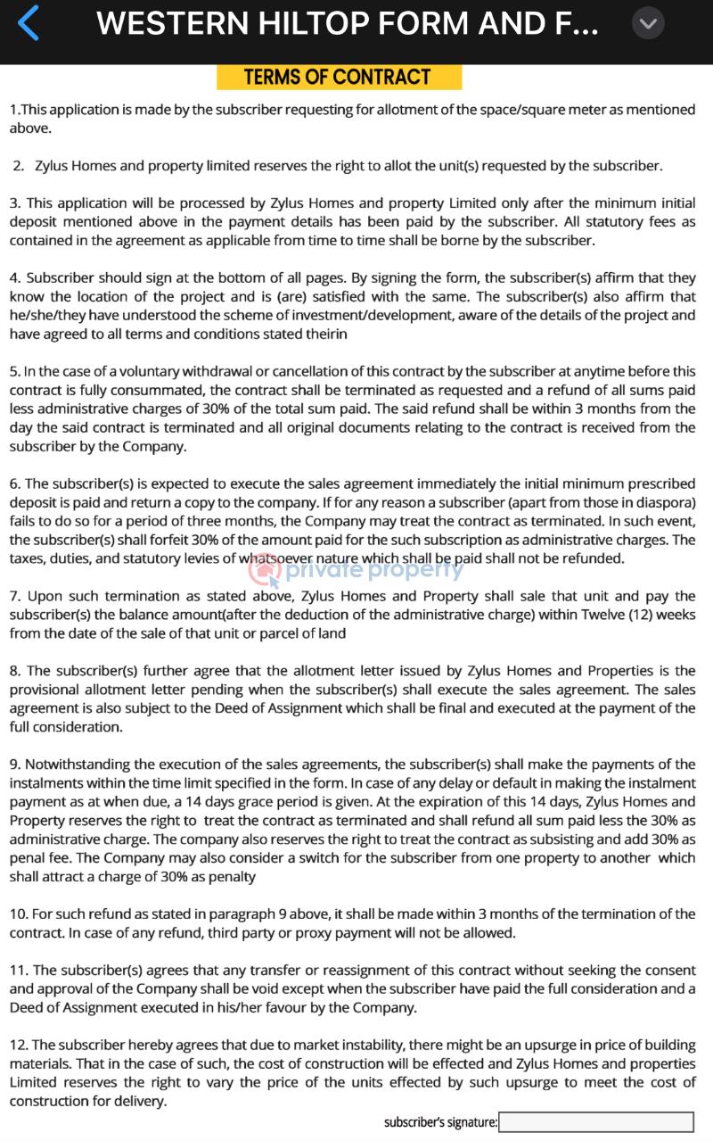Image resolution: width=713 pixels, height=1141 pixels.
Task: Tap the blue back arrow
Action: [x=29, y=23]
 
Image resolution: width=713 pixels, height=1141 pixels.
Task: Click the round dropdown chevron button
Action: [x=648, y=23]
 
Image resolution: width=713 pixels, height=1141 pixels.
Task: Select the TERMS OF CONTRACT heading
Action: [x=338, y=78]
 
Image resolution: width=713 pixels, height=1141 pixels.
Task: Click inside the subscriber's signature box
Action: [x=595, y=1121]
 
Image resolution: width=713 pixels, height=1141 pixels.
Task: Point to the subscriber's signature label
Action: [x=440, y=1122]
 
